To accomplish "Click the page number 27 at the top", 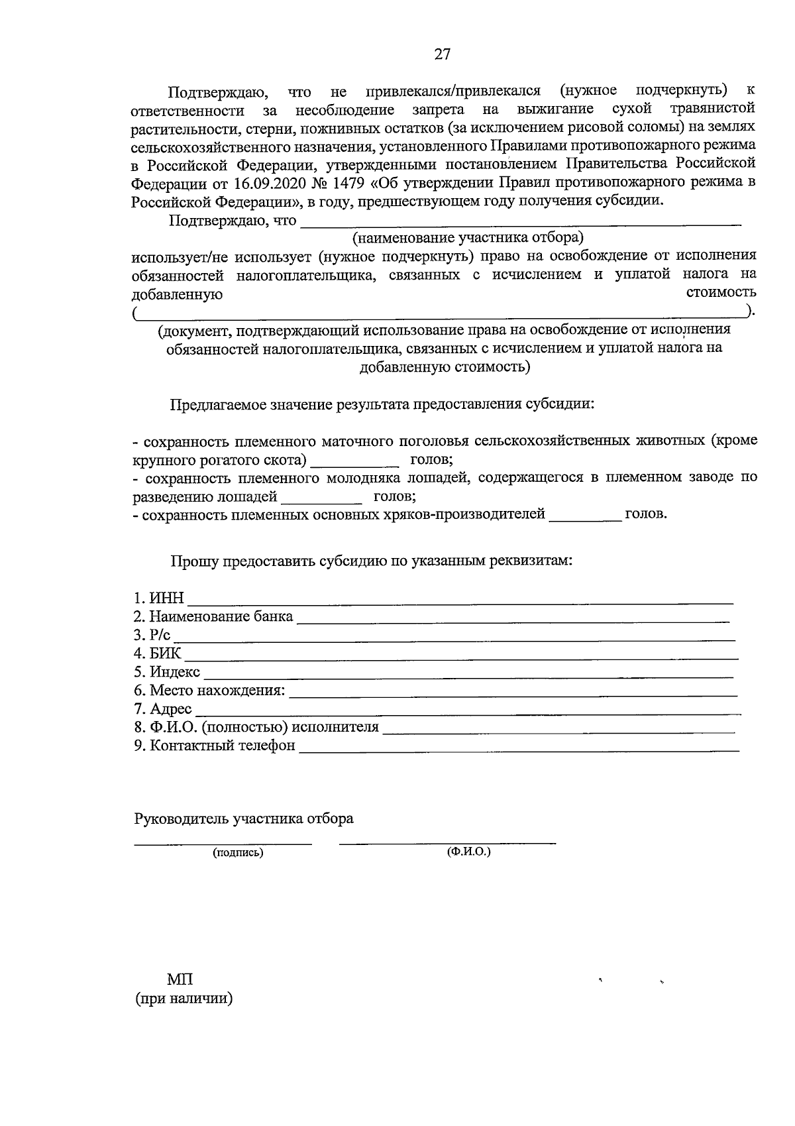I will point(442,55).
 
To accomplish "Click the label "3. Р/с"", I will point(152,636).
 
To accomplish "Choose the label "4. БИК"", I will point(157,654).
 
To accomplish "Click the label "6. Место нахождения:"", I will point(209,691).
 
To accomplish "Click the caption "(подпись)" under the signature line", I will point(238,853).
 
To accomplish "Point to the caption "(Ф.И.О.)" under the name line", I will point(469,852).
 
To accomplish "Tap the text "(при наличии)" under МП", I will point(184,999).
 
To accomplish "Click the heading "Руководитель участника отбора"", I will point(244,819).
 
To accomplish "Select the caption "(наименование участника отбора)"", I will point(468,238).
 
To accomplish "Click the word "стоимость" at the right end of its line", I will point(721,292).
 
